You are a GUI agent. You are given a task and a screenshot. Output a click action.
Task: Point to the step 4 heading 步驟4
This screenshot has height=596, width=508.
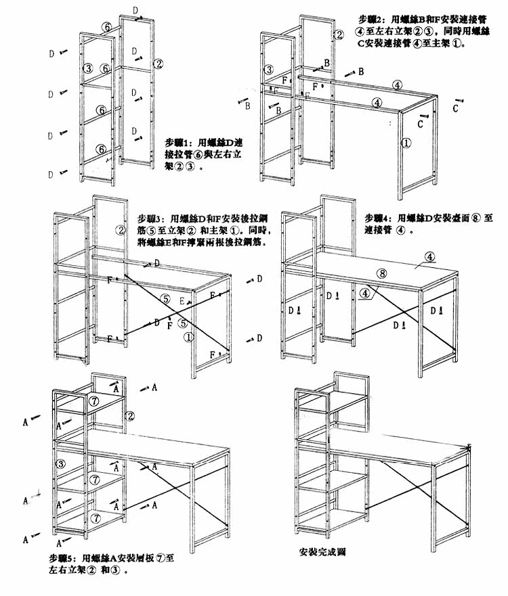click(x=377, y=219)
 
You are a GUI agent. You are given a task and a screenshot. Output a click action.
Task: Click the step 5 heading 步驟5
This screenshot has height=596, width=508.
click(x=62, y=559)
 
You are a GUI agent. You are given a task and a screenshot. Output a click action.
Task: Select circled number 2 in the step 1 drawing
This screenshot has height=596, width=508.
click(x=158, y=64)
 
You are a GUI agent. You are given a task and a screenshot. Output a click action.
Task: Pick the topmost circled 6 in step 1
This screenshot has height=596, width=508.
click(x=106, y=26)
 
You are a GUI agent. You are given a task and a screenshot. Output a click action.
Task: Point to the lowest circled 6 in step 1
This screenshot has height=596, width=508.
click(x=100, y=149)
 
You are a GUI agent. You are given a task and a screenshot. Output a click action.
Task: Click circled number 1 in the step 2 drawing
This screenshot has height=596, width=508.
click(x=406, y=143)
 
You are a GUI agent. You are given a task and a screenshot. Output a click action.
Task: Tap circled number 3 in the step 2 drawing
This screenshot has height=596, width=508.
click(x=268, y=69)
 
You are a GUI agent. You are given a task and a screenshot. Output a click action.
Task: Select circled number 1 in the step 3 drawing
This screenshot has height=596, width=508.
click(x=190, y=336)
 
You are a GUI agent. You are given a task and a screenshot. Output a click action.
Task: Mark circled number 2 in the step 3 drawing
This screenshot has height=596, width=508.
click(x=122, y=230)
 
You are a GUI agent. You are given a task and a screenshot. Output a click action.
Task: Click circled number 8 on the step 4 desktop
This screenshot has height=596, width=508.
click(x=382, y=273)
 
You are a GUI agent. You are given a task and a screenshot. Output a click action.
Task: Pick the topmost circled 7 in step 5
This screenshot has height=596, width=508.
click(x=95, y=401)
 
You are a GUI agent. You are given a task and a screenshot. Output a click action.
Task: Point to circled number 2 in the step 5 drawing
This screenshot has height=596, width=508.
click(x=130, y=415)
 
